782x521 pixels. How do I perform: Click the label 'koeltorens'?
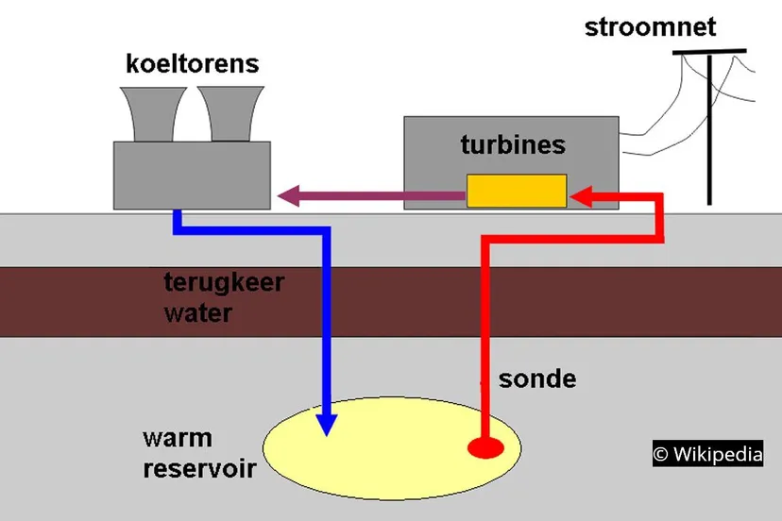coord(192,64)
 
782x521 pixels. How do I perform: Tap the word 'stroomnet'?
coord(650,26)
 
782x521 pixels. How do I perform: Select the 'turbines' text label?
coord(513,144)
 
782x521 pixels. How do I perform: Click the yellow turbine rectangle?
coord(516,191)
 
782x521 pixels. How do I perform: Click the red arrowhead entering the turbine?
coord(580,197)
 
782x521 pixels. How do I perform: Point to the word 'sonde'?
coord(536,379)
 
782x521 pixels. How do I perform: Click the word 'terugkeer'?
coord(224,282)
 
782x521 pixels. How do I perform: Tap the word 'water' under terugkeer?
coord(197,312)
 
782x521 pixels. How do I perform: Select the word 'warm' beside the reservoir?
coord(178,439)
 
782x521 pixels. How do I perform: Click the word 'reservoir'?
coord(199,468)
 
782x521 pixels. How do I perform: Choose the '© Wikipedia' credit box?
coord(707,454)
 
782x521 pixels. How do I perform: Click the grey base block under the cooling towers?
coord(192,175)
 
